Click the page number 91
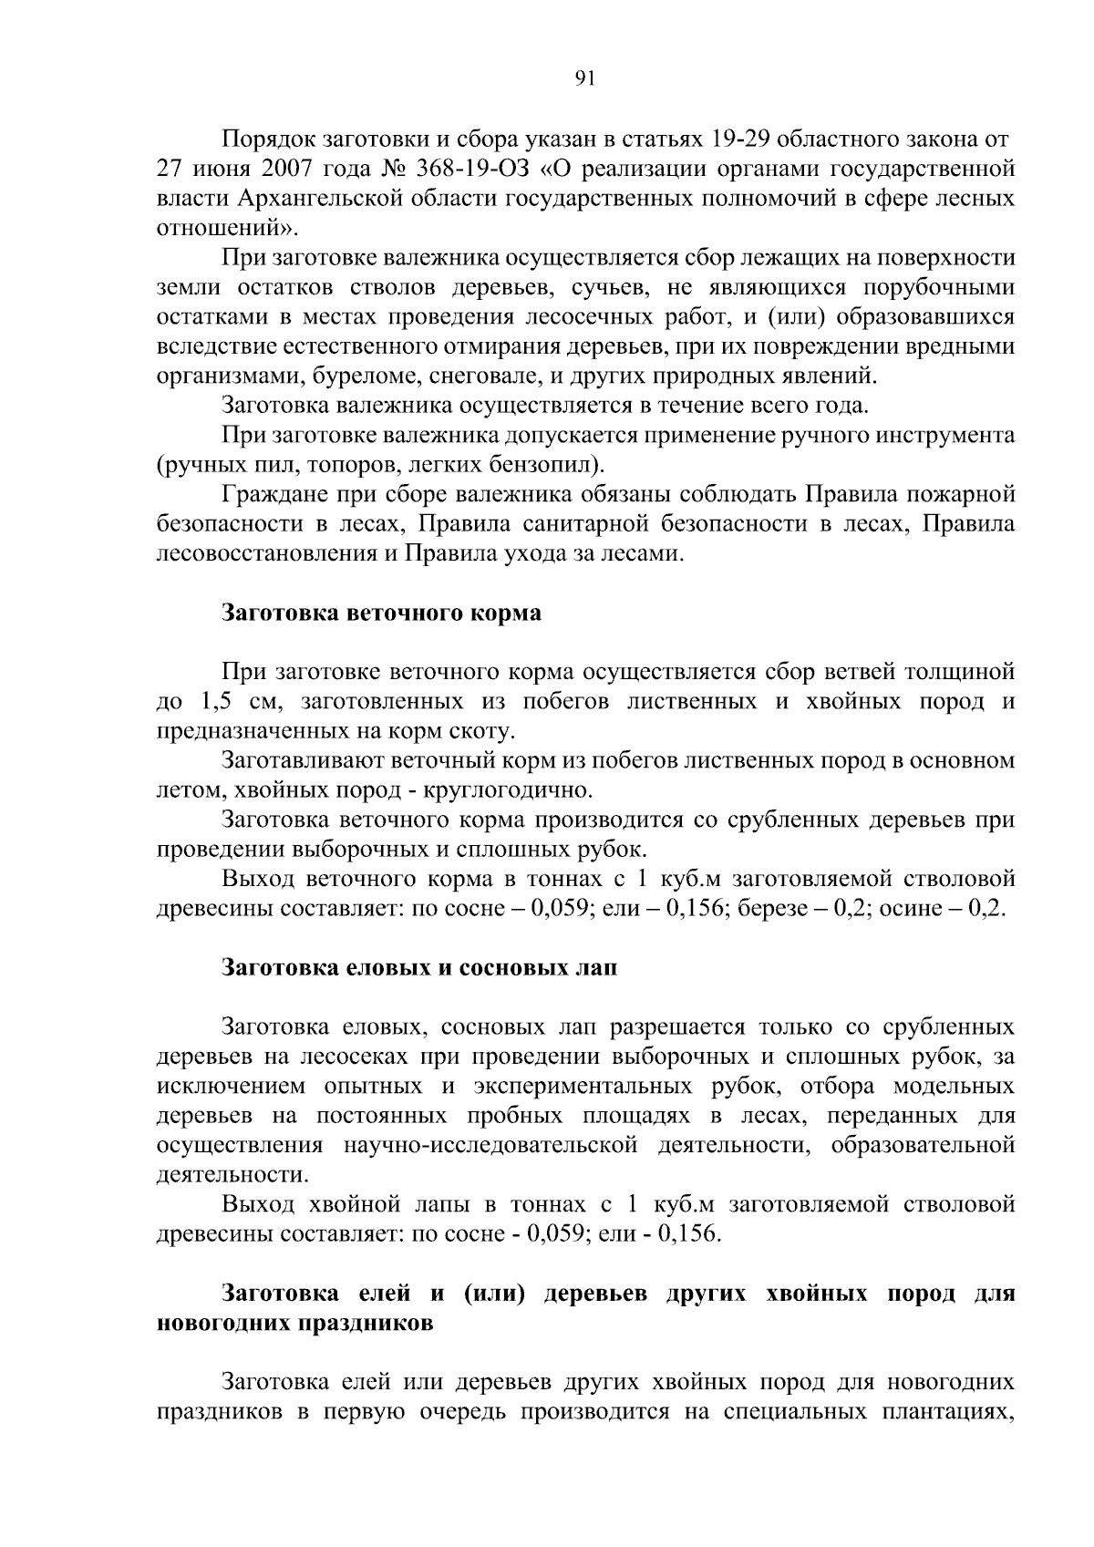584,79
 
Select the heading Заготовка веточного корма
382,613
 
